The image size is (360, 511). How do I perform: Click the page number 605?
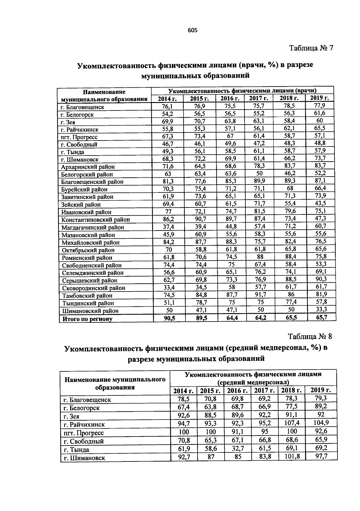[x=192, y=30]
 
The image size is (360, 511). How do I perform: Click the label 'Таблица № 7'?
[x=311, y=48]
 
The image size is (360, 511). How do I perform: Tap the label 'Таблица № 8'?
[x=310, y=336]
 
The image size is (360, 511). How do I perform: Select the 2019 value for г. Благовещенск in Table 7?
[x=319, y=105]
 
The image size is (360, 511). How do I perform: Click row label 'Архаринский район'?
[x=88, y=167]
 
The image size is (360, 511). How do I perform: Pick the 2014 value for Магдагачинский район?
[x=168, y=227]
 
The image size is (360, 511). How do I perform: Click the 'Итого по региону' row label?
[x=87, y=319]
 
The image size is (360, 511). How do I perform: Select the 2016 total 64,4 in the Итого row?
[x=232, y=318]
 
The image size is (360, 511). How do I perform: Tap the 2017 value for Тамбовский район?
[x=260, y=295]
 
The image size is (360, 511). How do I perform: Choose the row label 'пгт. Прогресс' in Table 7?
[x=79, y=137]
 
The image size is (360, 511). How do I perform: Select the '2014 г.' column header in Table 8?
[x=183, y=391]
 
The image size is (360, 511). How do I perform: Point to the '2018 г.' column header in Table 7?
[x=289, y=98]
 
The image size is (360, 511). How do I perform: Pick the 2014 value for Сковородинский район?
[x=168, y=288]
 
